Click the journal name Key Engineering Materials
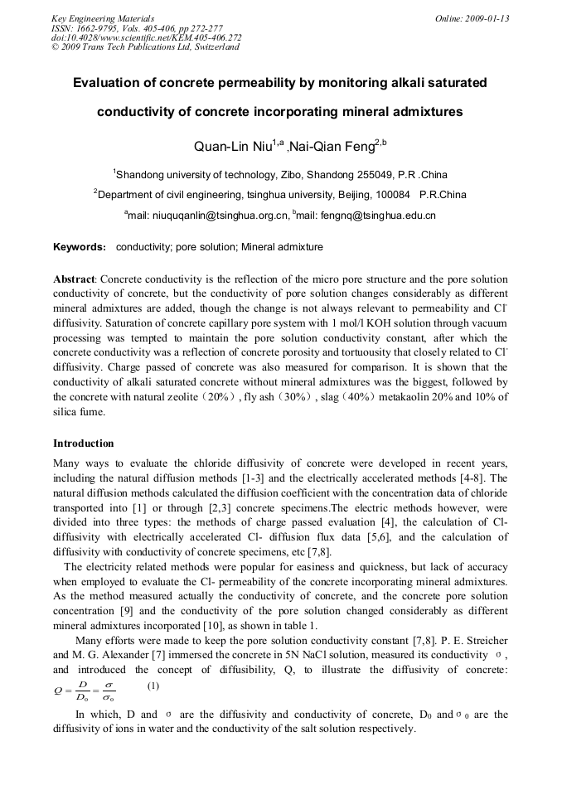coord(103,18)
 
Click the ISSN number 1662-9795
coord(99,28)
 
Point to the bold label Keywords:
coord(80,247)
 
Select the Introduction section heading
coord(83,444)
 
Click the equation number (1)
coord(153,686)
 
